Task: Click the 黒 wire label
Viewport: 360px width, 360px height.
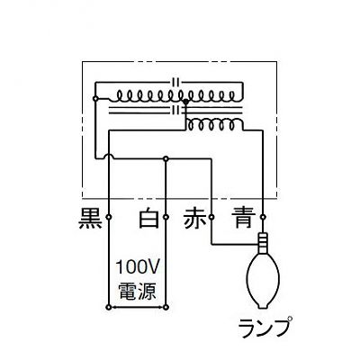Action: (90, 219)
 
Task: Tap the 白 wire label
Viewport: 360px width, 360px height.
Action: (148, 218)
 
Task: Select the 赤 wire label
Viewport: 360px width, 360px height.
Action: (195, 219)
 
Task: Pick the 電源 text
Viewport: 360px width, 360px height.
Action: (137, 291)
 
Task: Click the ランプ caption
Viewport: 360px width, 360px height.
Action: (265, 327)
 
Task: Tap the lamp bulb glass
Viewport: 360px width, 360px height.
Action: (263, 280)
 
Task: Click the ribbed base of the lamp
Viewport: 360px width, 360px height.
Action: (263, 242)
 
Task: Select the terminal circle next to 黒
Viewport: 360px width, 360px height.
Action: (109, 217)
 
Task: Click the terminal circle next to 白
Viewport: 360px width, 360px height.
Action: (166, 217)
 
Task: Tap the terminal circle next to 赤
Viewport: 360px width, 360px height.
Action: (211, 217)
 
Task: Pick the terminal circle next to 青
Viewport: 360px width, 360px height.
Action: (263, 217)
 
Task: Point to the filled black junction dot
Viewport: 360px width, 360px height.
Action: (185, 102)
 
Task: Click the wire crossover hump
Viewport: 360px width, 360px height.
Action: (109, 156)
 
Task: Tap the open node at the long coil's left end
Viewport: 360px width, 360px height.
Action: (95, 98)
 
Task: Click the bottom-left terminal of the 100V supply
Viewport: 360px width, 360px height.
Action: (109, 307)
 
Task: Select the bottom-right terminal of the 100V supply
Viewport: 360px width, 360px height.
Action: (166, 307)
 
